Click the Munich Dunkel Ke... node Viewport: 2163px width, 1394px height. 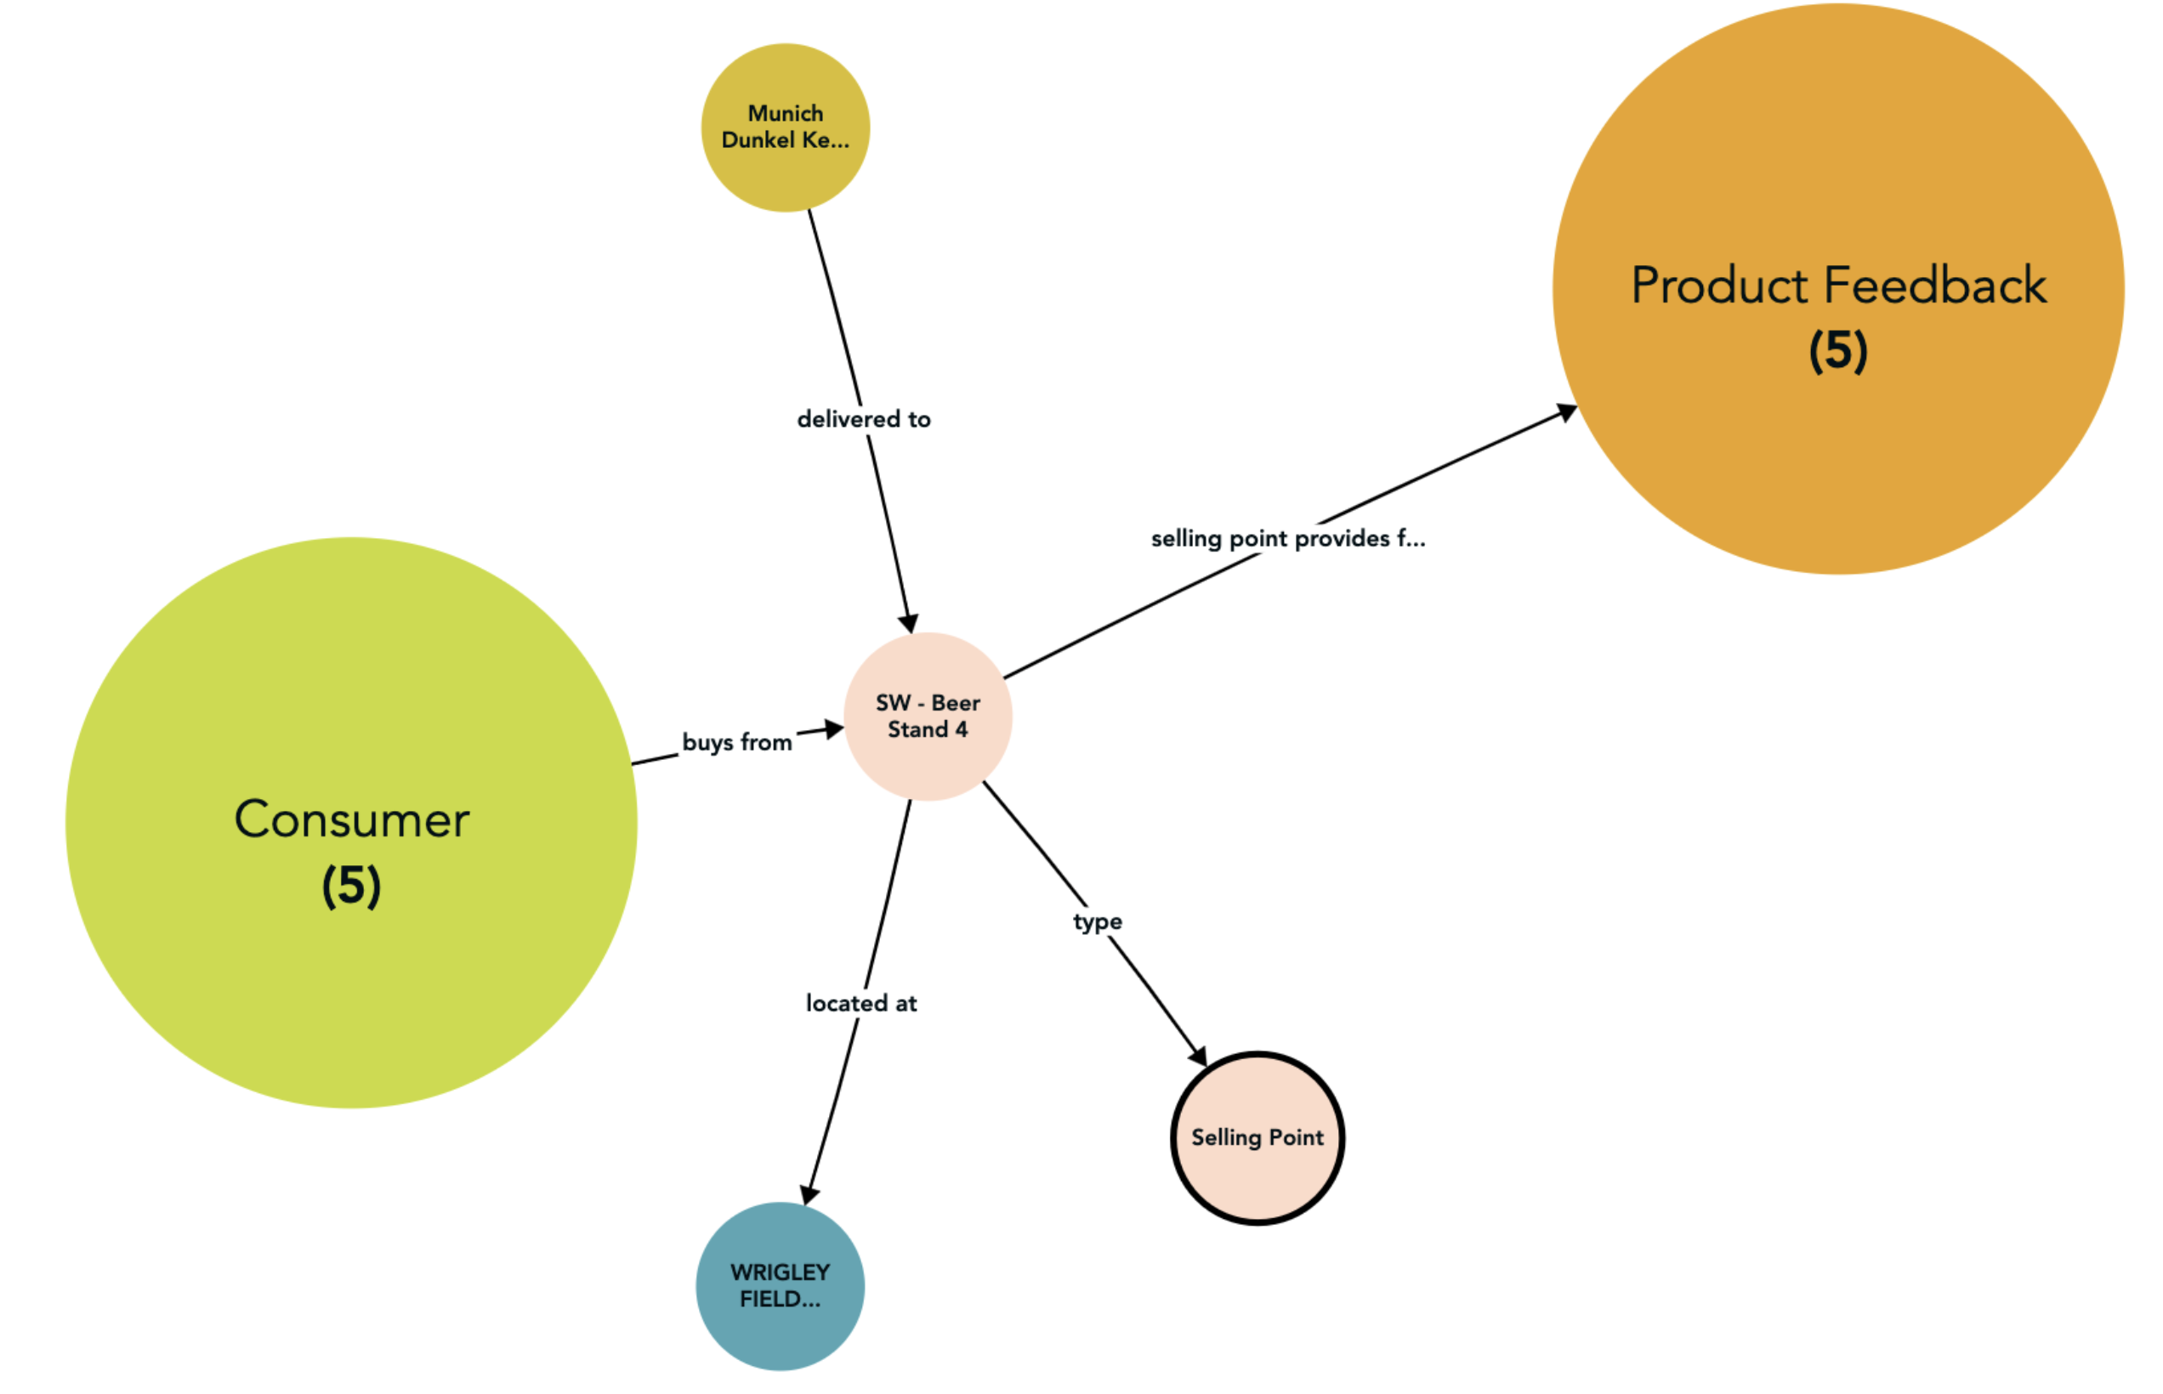pos(785,127)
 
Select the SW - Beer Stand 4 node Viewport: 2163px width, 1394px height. pos(927,716)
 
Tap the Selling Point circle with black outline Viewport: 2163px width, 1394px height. pos(1257,1138)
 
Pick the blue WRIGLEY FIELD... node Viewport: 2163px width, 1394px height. pos(780,1285)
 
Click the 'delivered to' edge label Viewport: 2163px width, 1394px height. pos(863,419)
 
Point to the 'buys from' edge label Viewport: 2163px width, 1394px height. pos(737,742)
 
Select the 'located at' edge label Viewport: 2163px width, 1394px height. pos(861,1003)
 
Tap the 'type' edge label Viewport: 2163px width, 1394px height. pos(1098,921)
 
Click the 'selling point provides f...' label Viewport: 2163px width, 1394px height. pos(1287,539)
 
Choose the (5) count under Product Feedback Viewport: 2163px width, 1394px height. pos(1837,350)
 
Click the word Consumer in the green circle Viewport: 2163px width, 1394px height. pos(351,819)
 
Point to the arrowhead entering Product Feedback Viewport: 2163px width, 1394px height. pos(1566,413)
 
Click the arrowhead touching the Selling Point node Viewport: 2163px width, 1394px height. pos(1198,1056)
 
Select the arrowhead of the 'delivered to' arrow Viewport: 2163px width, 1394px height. pos(908,623)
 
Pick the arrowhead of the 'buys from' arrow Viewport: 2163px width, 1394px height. pos(833,729)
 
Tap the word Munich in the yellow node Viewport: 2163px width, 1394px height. pos(785,114)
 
